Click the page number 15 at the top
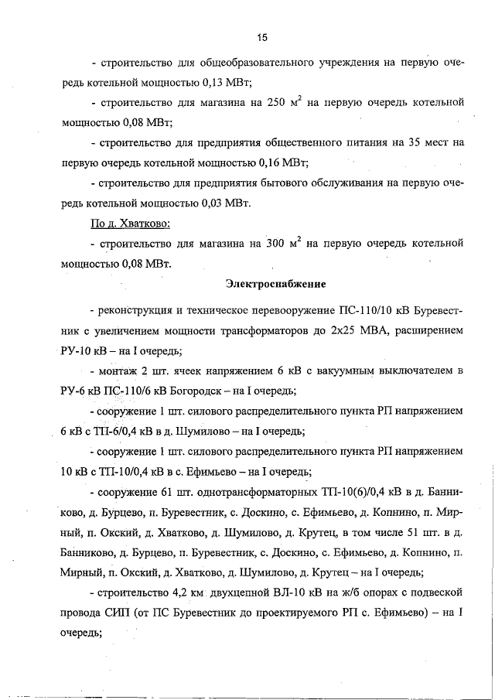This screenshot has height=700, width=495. pos(262,36)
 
